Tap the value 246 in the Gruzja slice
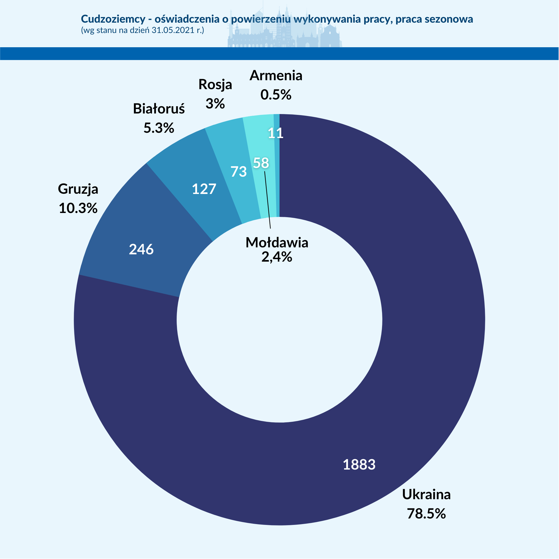pyautogui.click(x=141, y=249)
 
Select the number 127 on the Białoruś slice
pyautogui.click(x=204, y=189)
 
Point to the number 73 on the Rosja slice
pyautogui.click(x=239, y=172)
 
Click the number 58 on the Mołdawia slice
pyautogui.click(x=261, y=163)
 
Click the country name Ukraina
pyautogui.click(x=427, y=494)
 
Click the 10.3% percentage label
pyautogui.click(x=78, y=208)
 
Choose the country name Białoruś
pyautogui.click(x=159, y=109)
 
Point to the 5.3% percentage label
pyautogui.click(x=159, y=128)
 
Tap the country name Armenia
pyautogui.click(x=276, y=75)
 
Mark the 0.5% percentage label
pyautogui.click(x=276, y=95)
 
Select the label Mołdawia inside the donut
pyautogui.click(x=277, y=242)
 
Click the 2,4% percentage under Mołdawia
pyautogui.click(x=277, y=257)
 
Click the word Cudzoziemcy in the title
pyautogui.click(x=113, y=19)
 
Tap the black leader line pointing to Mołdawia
pyautogui.click(x=268, y=200)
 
